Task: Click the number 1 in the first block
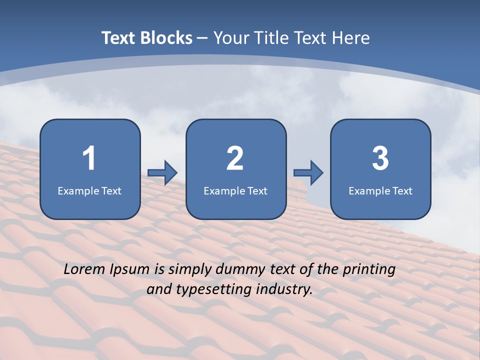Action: pyautogui.click(x=89, y=158)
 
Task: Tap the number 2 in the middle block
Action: pyautogui.click(x=235, y=158)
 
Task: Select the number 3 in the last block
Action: pyautogui.click(x=380, y=158)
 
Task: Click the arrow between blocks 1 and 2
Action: pyautogui.click(x=162, y=173)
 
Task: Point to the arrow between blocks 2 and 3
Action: pyautogui.click(x=308, y=173)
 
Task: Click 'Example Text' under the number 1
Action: pyautogui.click(x=89, y=190)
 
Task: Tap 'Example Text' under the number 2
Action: pyautogui.click(x=235, y=190)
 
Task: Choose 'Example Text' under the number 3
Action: pyautogui.click(x=380, y=190)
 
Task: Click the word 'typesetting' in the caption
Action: pyautogui.click(x=212, y=289)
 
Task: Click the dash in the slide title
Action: pyautogui.click(x=203, y=38)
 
